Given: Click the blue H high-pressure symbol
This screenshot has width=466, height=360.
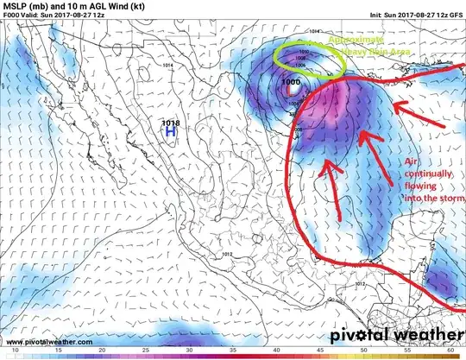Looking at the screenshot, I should click(170, 134).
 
